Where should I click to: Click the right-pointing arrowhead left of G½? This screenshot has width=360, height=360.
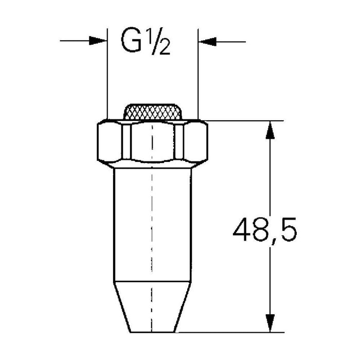98,41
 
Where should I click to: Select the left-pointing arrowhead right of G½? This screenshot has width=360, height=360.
207,42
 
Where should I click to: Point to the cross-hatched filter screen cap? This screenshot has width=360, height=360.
153,112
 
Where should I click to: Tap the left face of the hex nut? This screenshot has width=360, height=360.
110,141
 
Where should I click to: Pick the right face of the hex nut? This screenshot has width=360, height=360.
195,141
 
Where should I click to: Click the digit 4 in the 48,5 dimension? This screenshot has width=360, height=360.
242,229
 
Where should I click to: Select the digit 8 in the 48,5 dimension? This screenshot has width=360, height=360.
261,229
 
